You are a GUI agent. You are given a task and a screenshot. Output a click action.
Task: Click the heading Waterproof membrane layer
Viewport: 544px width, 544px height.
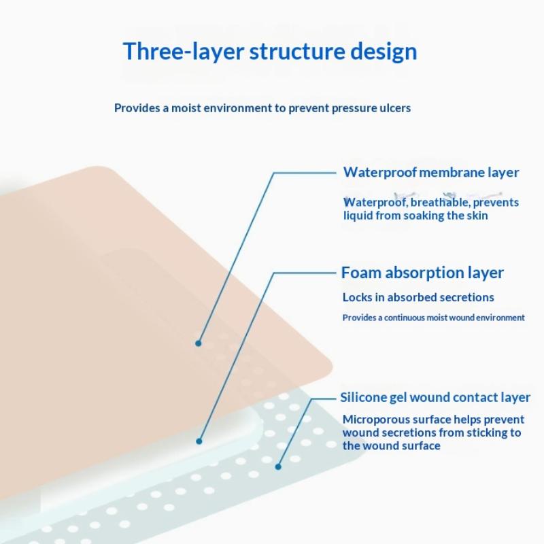(x=430, y=172)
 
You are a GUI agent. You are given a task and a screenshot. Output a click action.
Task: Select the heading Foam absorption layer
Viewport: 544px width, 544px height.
(x=422, y=273)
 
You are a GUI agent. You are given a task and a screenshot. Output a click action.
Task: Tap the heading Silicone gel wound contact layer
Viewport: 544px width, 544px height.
(x=435, y=398)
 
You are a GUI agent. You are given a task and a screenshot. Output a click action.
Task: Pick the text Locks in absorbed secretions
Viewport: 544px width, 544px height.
(x=418, y=297)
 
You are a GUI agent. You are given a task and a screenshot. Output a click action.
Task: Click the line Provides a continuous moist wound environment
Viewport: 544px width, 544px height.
(x=433, y=318)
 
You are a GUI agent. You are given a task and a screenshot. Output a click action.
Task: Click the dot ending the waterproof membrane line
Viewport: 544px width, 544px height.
(x=199, y=343)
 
